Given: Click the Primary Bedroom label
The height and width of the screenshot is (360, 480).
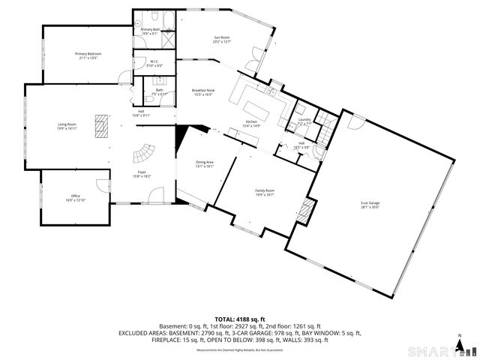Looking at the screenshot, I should pos(88,55).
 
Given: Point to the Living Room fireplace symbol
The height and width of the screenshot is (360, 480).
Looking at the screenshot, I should pos(100,122).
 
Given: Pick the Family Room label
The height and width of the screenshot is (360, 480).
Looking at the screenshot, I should pos(265,193).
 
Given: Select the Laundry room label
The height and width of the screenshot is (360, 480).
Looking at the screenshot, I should pos(304,121).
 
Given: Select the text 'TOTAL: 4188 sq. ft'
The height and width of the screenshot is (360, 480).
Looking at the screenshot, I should pos(240,319).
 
